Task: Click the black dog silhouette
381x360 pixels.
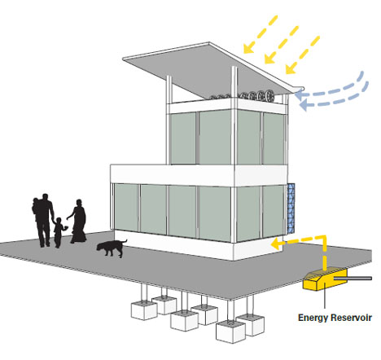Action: [x=110, y=248]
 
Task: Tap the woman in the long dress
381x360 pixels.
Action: [x=78, y=222]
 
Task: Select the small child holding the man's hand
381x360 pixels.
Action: [x=59, y=232]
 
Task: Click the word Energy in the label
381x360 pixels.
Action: [x=313, y=318]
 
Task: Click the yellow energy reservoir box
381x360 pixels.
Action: [x=325, y=280]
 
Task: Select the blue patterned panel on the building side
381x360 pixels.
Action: [x=291, y=209]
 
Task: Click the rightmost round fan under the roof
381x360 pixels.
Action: [x=270, y=96]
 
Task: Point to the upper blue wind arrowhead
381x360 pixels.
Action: [x=299, y=95]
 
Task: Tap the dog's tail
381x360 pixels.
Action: [x=124, y=241]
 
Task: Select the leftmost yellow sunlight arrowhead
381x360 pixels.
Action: [x=248, y=49]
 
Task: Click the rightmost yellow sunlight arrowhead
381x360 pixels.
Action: [x=290, y=69]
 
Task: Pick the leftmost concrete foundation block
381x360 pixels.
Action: [x=144, y=310]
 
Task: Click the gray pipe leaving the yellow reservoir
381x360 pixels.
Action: [x=353, y=279]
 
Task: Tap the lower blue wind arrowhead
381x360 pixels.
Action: [x=303, y=105]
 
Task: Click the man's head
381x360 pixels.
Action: [x=45, y=197]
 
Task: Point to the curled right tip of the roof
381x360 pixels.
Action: [x=301, y=88]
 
